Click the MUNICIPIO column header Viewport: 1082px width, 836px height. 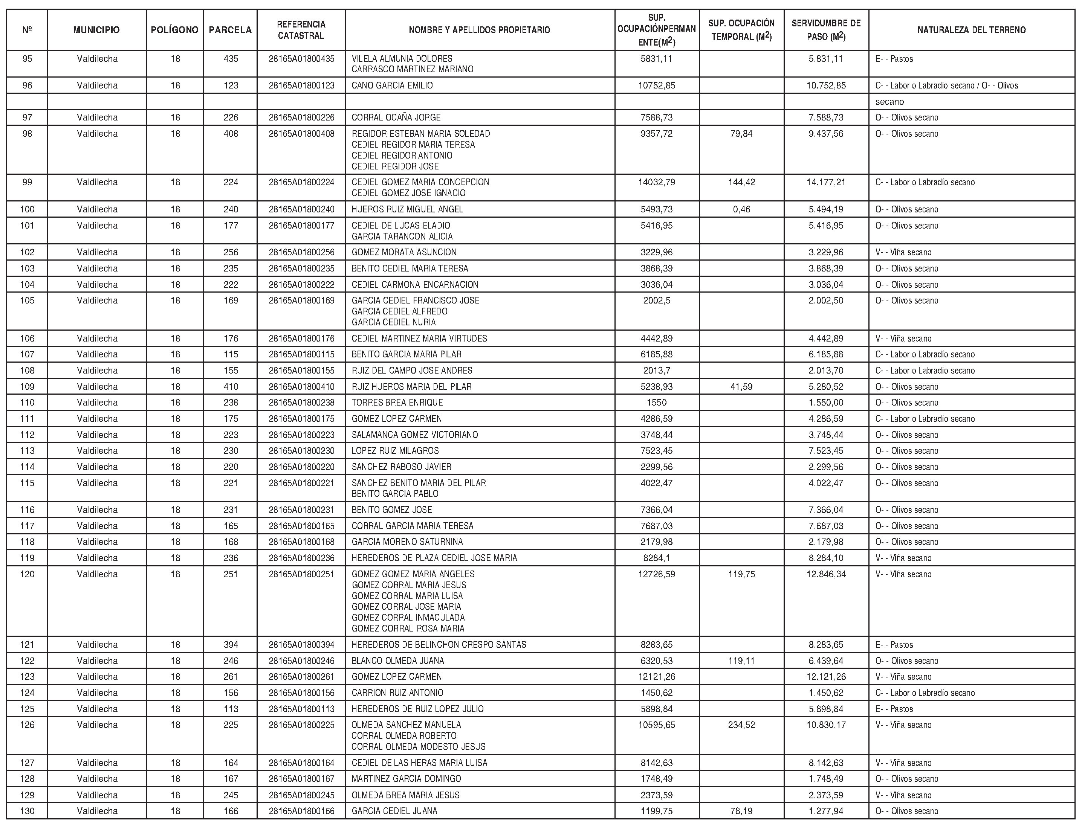[x=96, y=30]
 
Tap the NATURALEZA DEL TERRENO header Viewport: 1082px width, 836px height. [x=971, y=30]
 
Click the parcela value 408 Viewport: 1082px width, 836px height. [x=231, y=134]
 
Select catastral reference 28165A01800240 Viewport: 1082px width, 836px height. [x=301, y=209]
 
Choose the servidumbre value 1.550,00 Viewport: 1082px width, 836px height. [x=826, y=403]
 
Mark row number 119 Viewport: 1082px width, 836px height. [x=27, y=558]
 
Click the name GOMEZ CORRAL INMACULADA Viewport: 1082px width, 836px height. [x=408, y=618]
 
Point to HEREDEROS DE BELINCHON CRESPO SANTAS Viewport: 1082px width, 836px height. [x=439, y=645]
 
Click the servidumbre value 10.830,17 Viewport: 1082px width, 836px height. [x=826, y=725]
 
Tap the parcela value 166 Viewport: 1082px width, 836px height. [x=231, y=811]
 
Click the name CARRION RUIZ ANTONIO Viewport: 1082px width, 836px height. [x=397, y=693]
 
